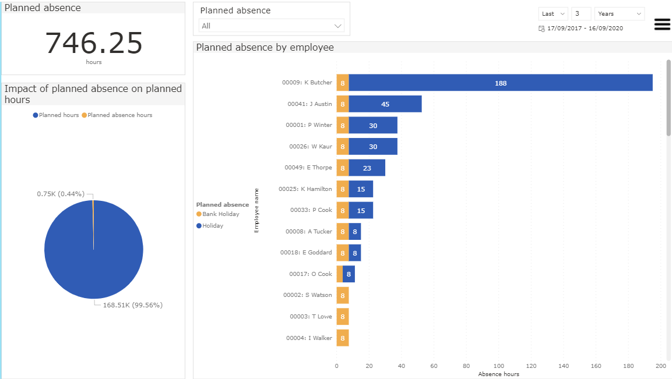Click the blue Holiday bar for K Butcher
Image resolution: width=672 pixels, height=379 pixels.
click(x=501, y=83)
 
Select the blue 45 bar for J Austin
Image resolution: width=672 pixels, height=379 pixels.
click(x=385, y=104)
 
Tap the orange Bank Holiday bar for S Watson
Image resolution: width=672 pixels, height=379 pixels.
click(x=343, y=296)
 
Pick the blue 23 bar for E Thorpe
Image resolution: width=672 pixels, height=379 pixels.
click(x=367, y=168)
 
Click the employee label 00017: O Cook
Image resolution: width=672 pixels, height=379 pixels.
click(x=311, y=274)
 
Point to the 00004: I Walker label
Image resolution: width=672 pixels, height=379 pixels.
click(x=309, y=338)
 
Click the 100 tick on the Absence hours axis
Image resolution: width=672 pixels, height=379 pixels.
click(x=498, y=366)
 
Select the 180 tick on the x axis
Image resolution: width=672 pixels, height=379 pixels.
click(x=628, y=366)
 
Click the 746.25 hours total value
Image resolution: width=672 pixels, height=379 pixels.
click(x=94, y=44)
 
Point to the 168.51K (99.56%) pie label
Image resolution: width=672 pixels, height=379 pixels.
click(x=132, y=305)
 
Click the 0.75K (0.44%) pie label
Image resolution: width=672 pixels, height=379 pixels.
click(x=60, y=194)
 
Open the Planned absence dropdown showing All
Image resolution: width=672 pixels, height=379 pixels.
click(x=272, y=26)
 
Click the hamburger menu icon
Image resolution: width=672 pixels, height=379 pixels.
click(x=662, y=24)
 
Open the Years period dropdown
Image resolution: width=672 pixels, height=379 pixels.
click(x=620, y=14)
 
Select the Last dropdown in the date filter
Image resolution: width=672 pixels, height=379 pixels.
click(x=553, y=14)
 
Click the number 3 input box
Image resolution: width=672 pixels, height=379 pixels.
click(x=580, y=14)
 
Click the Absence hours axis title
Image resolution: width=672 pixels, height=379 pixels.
click(x=498, y=374)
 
